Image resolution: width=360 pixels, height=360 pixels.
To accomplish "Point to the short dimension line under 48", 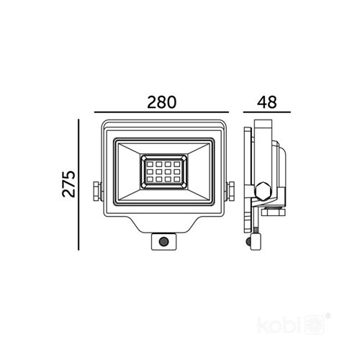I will coord(266,113).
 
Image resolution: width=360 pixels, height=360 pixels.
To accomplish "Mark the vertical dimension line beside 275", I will coord(78,186).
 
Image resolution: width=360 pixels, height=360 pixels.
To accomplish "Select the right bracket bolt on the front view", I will coord(233,191).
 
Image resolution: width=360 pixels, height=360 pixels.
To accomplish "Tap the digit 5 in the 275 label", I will coord(68,174).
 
